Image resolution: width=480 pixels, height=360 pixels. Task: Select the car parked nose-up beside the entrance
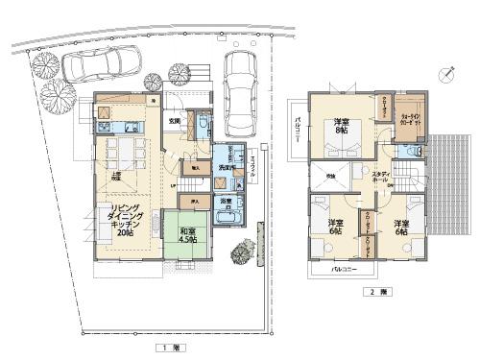[237, 82]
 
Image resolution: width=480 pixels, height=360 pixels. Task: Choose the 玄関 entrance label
[175, 122]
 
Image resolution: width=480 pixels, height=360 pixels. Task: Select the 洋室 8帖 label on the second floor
[341, 128]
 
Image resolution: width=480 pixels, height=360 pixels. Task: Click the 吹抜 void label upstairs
[328, 178]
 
